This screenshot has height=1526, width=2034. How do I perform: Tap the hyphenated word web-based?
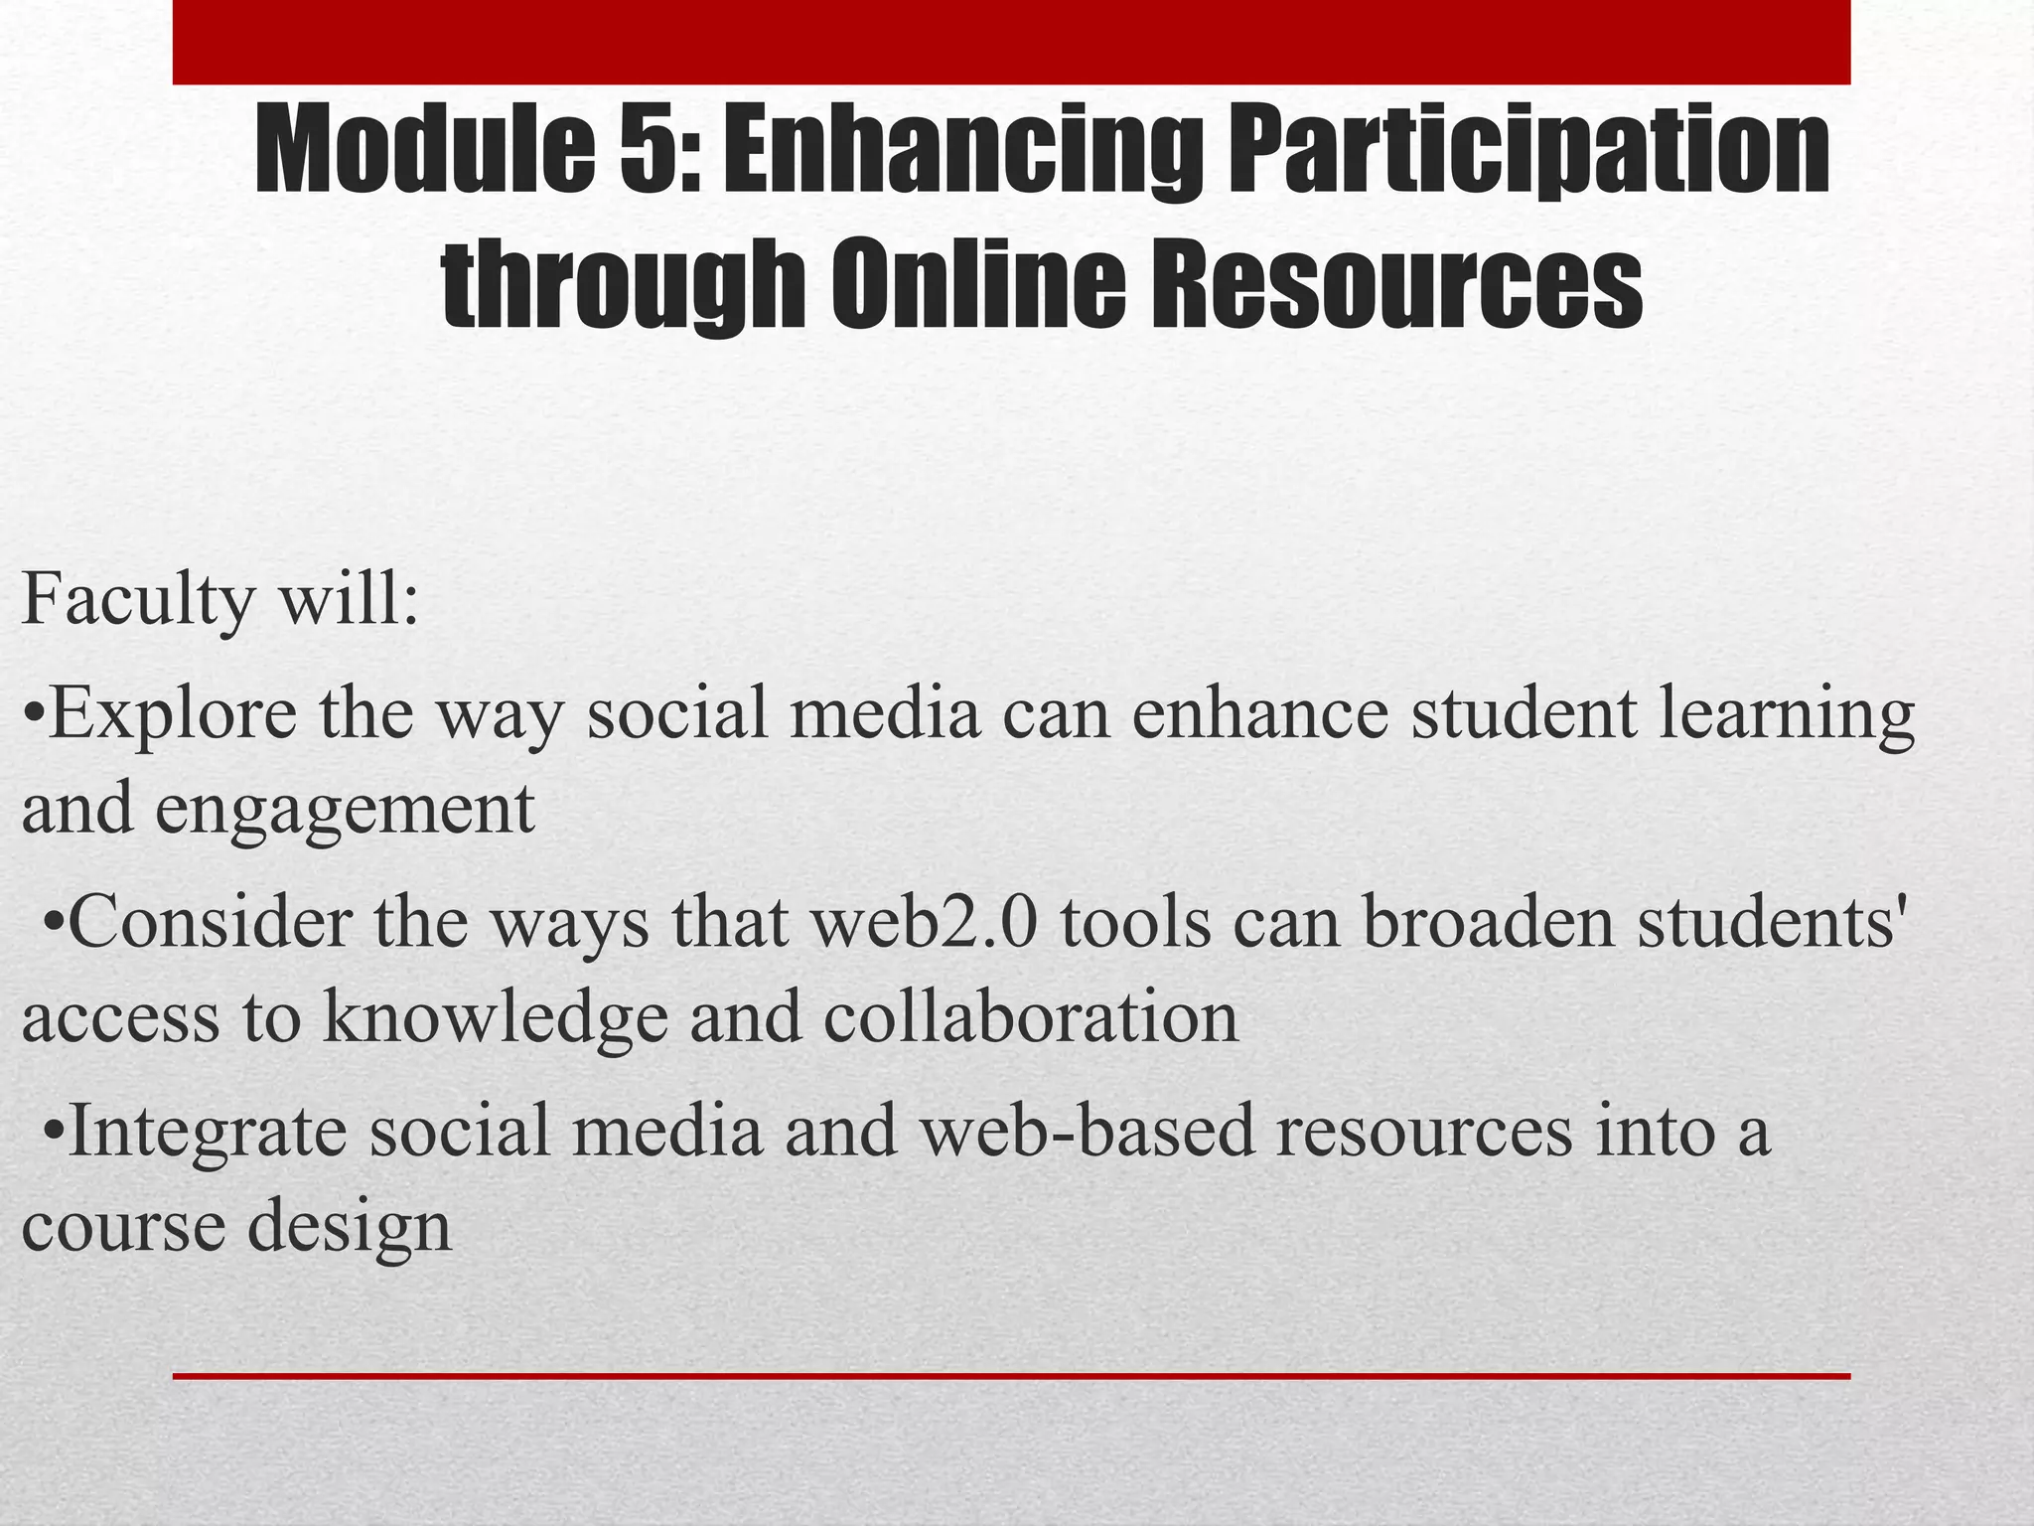click(x=1087, y=1131)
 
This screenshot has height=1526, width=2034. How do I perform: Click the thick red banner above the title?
click(x=1011, y=42)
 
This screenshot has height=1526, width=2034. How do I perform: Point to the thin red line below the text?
click(x=1011, y=1376)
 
